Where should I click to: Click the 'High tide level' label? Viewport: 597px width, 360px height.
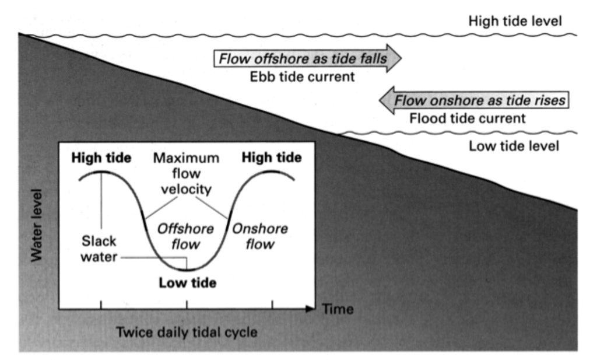[515, 21]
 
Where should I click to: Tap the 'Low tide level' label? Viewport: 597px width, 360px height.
[514, 146]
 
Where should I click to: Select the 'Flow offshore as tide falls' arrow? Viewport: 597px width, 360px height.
[308, 58]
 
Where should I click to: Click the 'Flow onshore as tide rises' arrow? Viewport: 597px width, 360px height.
[474, 100]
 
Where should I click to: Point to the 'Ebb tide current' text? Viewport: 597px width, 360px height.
[302, 77]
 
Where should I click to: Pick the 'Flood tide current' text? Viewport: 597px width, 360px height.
[467, 118]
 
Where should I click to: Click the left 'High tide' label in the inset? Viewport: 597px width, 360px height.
[101, 158]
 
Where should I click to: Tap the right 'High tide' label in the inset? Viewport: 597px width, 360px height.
[272, 158]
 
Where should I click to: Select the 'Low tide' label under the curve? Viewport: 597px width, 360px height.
[187, 282]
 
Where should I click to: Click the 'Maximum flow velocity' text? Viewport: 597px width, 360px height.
[186, 173]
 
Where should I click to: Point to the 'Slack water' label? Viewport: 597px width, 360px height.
[99, 249]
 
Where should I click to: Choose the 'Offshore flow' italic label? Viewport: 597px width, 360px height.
[185, 236]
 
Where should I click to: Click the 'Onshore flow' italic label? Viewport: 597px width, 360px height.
[259, 236]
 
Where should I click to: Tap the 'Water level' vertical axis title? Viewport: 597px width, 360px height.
[37, 226]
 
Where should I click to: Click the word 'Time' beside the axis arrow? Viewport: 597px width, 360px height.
[338, 309]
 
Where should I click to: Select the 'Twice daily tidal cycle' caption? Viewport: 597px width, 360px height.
[187, 332]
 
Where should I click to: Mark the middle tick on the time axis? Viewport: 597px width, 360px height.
[187, 305]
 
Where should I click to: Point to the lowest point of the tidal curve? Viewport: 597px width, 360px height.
[187, 270]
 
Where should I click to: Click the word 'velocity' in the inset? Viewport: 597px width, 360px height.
[186, 189]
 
